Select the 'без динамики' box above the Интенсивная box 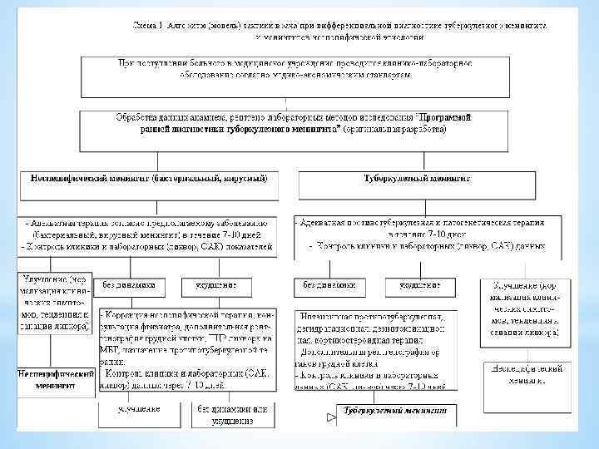click(x=330, y=286)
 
